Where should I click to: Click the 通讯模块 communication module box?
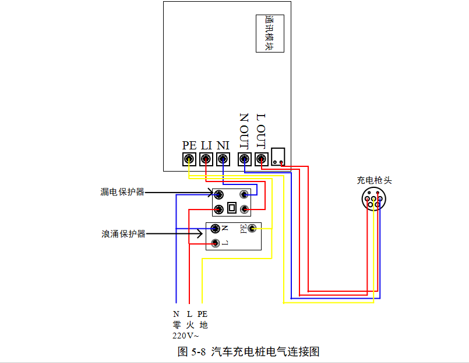tap(270, 33)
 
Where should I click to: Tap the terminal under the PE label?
tap(189, 159)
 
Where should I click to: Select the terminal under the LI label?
tap(206, 159)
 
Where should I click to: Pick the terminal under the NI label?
tap(223, 159)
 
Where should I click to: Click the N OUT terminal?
tap(244, 159)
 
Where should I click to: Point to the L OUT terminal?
tap(262, 159)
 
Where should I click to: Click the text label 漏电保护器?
tap(122, 192)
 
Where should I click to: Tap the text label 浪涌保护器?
tap(124, 234)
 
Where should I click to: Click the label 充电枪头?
tap(374, 180)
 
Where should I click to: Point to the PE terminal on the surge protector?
tap(252, 229)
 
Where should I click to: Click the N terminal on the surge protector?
tap(215, 229)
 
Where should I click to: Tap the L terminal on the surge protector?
tap(215, 243)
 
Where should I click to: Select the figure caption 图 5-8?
tap(192, 351)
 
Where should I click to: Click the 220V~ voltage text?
tap(185, 336)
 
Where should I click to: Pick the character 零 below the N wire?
tap(177, 325)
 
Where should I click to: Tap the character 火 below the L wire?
tap(190, 325)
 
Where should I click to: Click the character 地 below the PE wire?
tap(204, 325)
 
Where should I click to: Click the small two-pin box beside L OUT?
tap(278, 156)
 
